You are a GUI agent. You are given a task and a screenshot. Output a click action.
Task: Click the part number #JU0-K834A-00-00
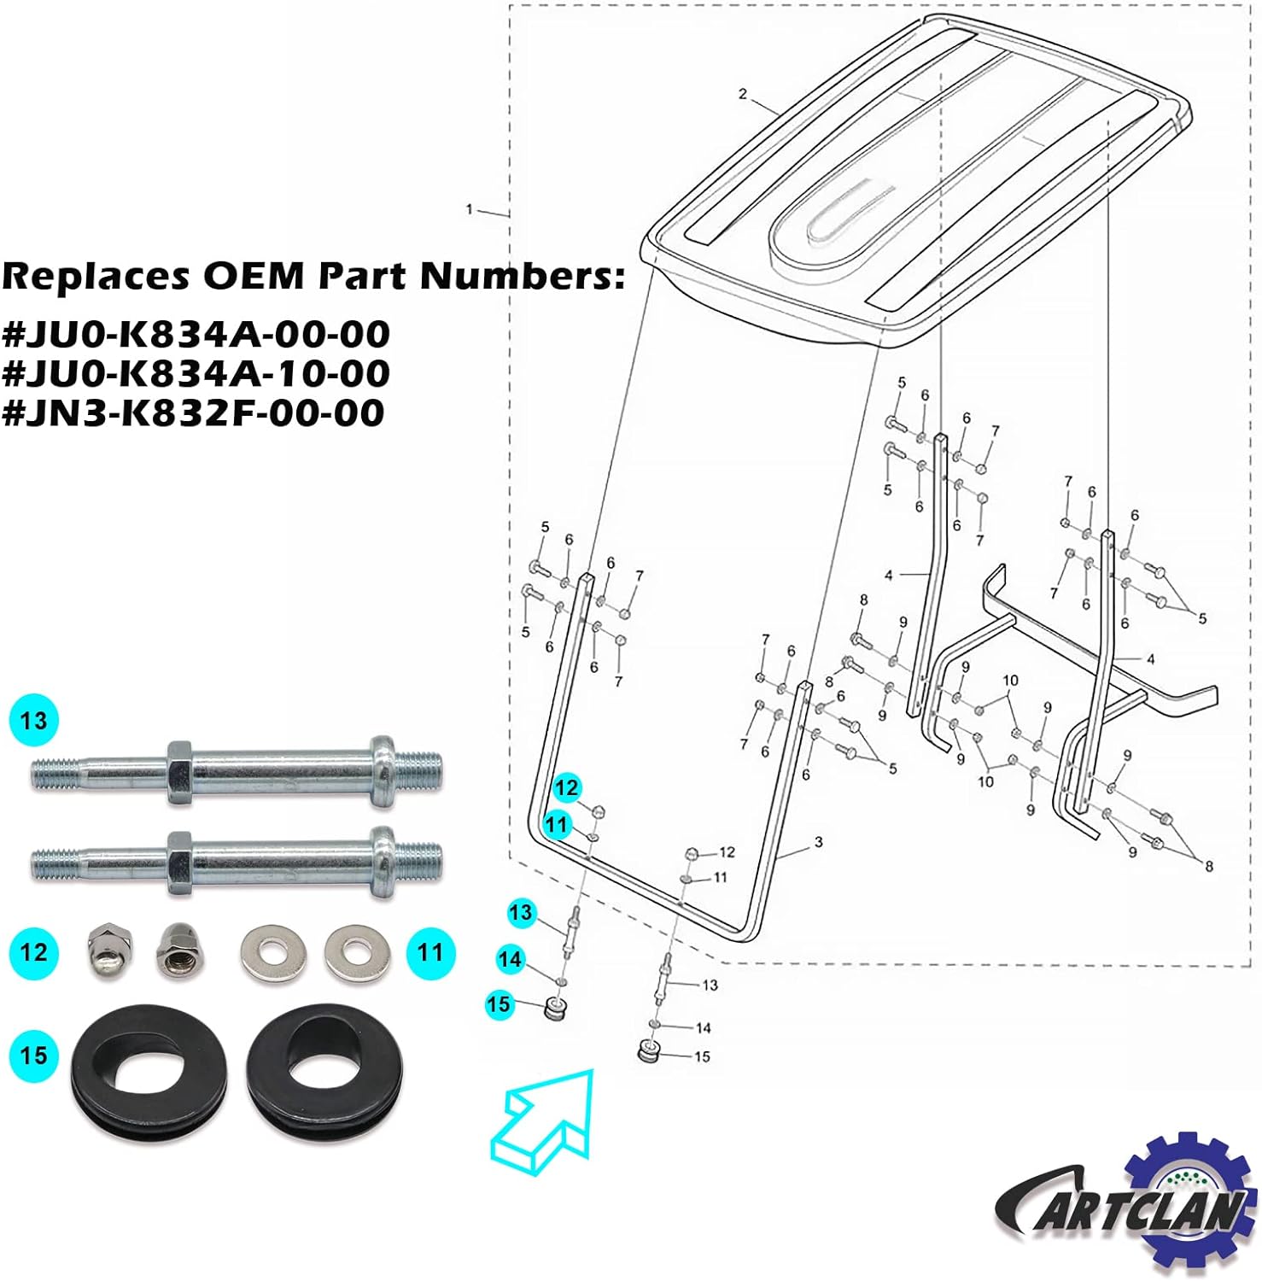(196, 334)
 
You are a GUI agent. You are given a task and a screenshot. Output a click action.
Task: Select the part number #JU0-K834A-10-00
(196, 373)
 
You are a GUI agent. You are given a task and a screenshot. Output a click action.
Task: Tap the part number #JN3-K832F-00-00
(193, 412)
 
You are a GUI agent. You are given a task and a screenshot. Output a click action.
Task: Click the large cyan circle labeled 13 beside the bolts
(34, 721)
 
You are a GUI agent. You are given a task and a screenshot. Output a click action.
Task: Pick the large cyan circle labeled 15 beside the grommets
(34, 1055)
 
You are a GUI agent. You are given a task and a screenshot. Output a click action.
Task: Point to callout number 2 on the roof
(742, 94)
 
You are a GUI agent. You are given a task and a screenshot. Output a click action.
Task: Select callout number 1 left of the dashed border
(469, 209)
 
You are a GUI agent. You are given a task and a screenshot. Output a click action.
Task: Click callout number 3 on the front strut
(818, 843)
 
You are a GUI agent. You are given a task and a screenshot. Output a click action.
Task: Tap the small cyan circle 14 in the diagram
(510, 959)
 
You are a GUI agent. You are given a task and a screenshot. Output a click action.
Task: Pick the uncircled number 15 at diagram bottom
(702, 1057)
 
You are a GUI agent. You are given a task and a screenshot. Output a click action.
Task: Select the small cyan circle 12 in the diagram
(567, 787)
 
